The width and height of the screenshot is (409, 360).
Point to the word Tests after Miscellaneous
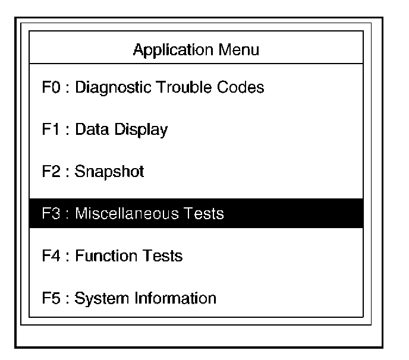pos(204,213)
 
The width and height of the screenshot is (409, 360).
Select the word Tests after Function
pos(162,256)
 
